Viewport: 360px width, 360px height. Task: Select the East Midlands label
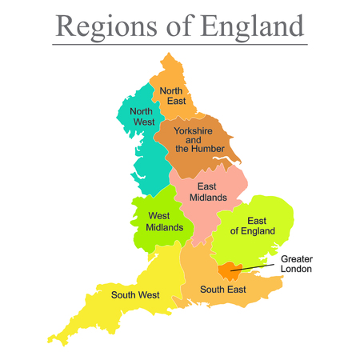tap(206, 193)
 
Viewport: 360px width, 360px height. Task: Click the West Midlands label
tap(165, 222)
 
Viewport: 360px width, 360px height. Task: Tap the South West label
tap(134, 294)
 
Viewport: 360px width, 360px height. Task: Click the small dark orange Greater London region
tap(230, 270)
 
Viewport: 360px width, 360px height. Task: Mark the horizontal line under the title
tap(180, 44)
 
